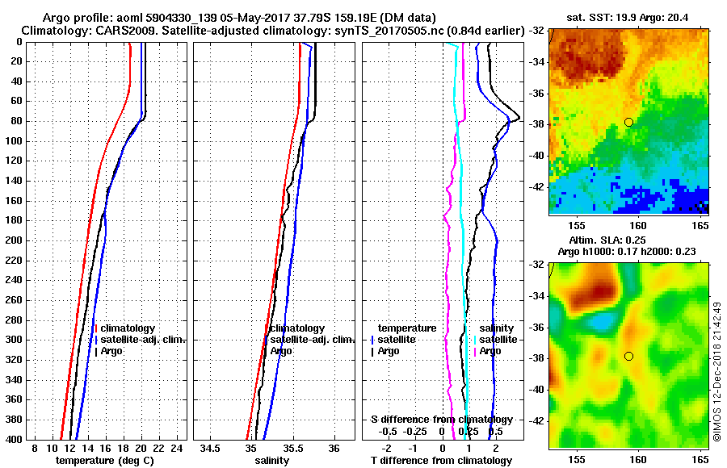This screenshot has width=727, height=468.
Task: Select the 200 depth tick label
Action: (15, 240)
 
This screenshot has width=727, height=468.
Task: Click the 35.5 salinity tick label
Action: (292, 447)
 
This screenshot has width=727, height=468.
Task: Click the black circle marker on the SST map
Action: (628, 122)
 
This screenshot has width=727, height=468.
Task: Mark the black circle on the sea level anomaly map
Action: (628, 356)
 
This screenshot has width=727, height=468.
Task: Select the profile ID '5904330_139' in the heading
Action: (181, 18)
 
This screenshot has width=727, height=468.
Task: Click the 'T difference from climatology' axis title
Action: (441, 461)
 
